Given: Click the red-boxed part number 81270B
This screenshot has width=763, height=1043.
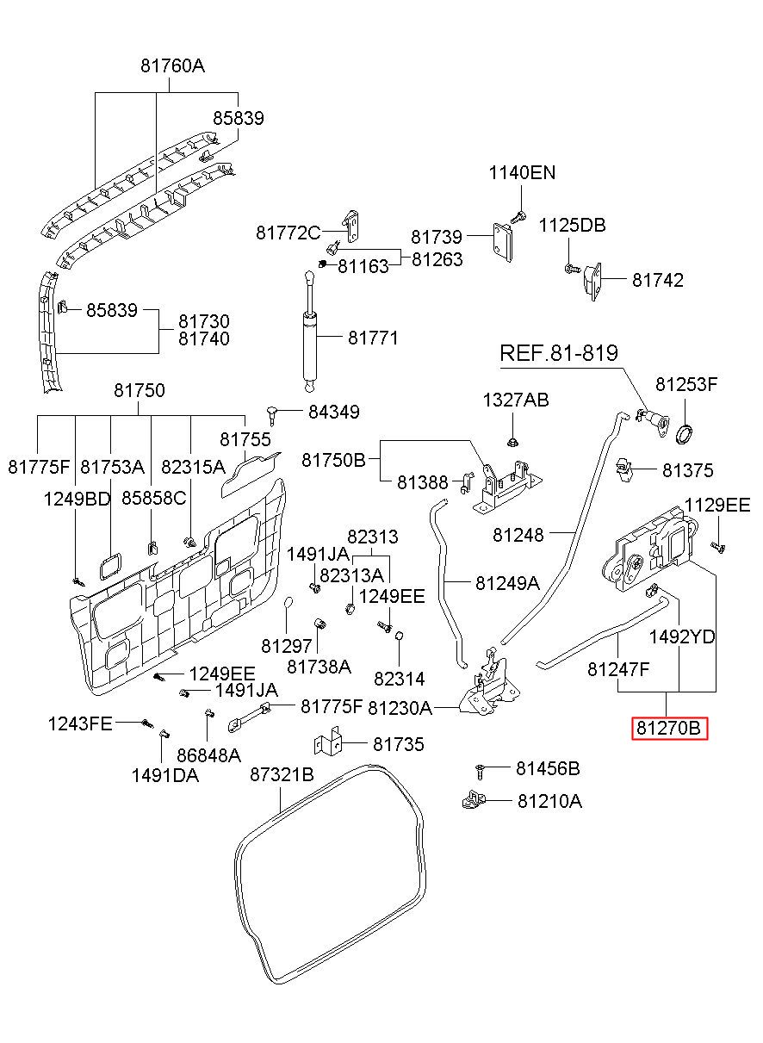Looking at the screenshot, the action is coord(668,728).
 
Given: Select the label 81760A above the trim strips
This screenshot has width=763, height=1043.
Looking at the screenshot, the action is coord(173,66).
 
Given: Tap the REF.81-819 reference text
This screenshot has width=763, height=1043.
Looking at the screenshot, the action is coord(559,353).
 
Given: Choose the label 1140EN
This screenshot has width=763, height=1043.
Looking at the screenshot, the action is coord(522,173).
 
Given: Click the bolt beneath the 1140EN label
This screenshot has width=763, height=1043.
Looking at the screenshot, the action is coord(518,217).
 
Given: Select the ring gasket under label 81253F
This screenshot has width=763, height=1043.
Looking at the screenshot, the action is coord(685,435).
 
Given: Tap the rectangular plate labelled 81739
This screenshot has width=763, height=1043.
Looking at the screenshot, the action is coord(502,242).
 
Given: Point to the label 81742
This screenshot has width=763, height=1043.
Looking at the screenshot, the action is coord(657,280).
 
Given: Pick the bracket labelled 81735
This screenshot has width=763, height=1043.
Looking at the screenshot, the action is coord(328,742).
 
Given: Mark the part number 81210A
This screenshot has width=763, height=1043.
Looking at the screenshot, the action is coord(549,801).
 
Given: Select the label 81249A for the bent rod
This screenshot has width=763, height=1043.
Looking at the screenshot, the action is coord(507,583).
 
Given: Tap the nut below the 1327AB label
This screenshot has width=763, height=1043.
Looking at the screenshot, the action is coord(512,442).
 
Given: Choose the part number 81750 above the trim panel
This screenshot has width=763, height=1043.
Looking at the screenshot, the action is coord(140,390).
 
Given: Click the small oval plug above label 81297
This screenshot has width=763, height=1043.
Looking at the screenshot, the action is coord(288,601).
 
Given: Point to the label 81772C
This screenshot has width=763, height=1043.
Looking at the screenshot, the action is coord(288,233).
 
